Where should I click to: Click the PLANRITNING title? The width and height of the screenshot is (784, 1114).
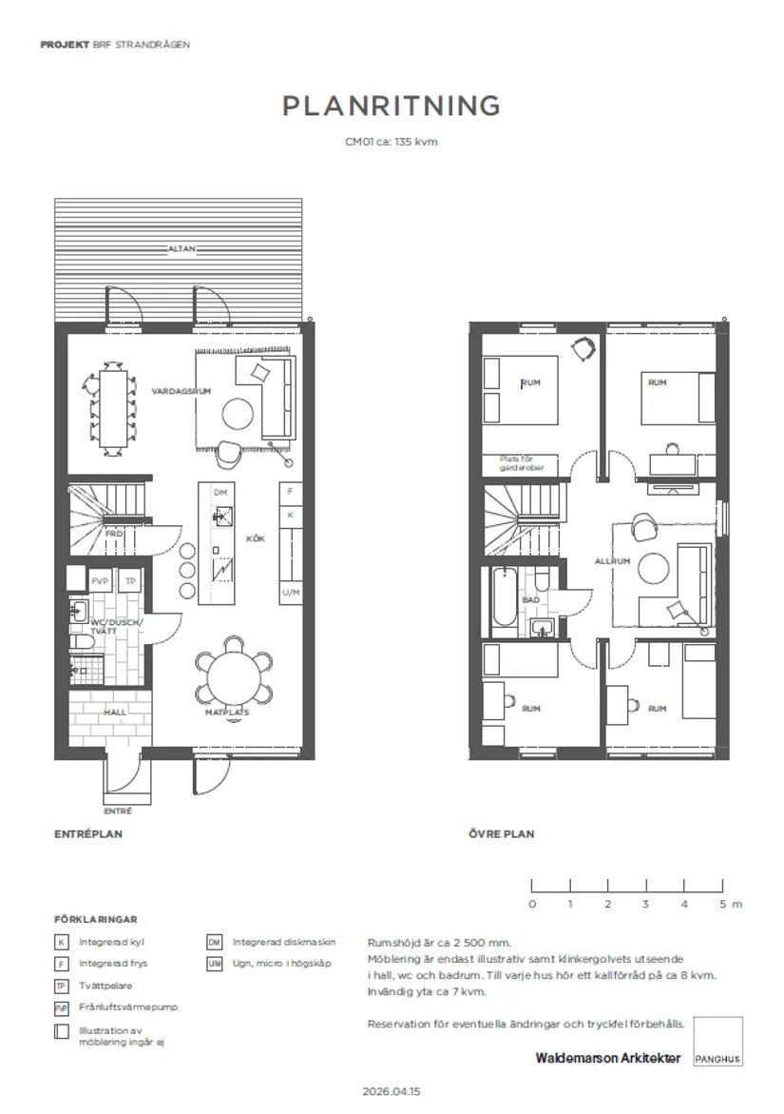click(391, 107)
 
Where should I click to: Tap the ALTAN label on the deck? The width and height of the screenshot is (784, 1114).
click(181, 249)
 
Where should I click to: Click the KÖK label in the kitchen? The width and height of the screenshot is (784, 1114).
click(255, 539)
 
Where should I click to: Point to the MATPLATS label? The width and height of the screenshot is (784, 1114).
click(227, 712)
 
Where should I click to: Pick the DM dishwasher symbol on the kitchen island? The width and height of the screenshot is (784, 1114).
click(220, 492)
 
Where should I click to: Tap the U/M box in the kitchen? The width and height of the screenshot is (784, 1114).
click(291, 593)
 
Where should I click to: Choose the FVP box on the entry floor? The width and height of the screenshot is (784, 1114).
click(100, 581)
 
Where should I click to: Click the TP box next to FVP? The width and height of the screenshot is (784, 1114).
click(131, 581)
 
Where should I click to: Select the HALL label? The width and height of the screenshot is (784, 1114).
click(115, 712)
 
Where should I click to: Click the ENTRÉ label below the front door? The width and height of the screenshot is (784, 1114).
click(118, 811)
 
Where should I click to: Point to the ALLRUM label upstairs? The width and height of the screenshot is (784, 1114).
click(613, 561)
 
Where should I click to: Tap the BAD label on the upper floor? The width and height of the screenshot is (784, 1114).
click(531, 600)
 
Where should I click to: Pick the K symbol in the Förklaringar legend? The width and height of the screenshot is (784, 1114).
click(62, 943)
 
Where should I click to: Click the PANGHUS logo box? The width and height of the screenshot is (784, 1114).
click(717, 1041)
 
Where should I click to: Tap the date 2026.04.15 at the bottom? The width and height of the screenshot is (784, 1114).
click(391, 1092)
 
